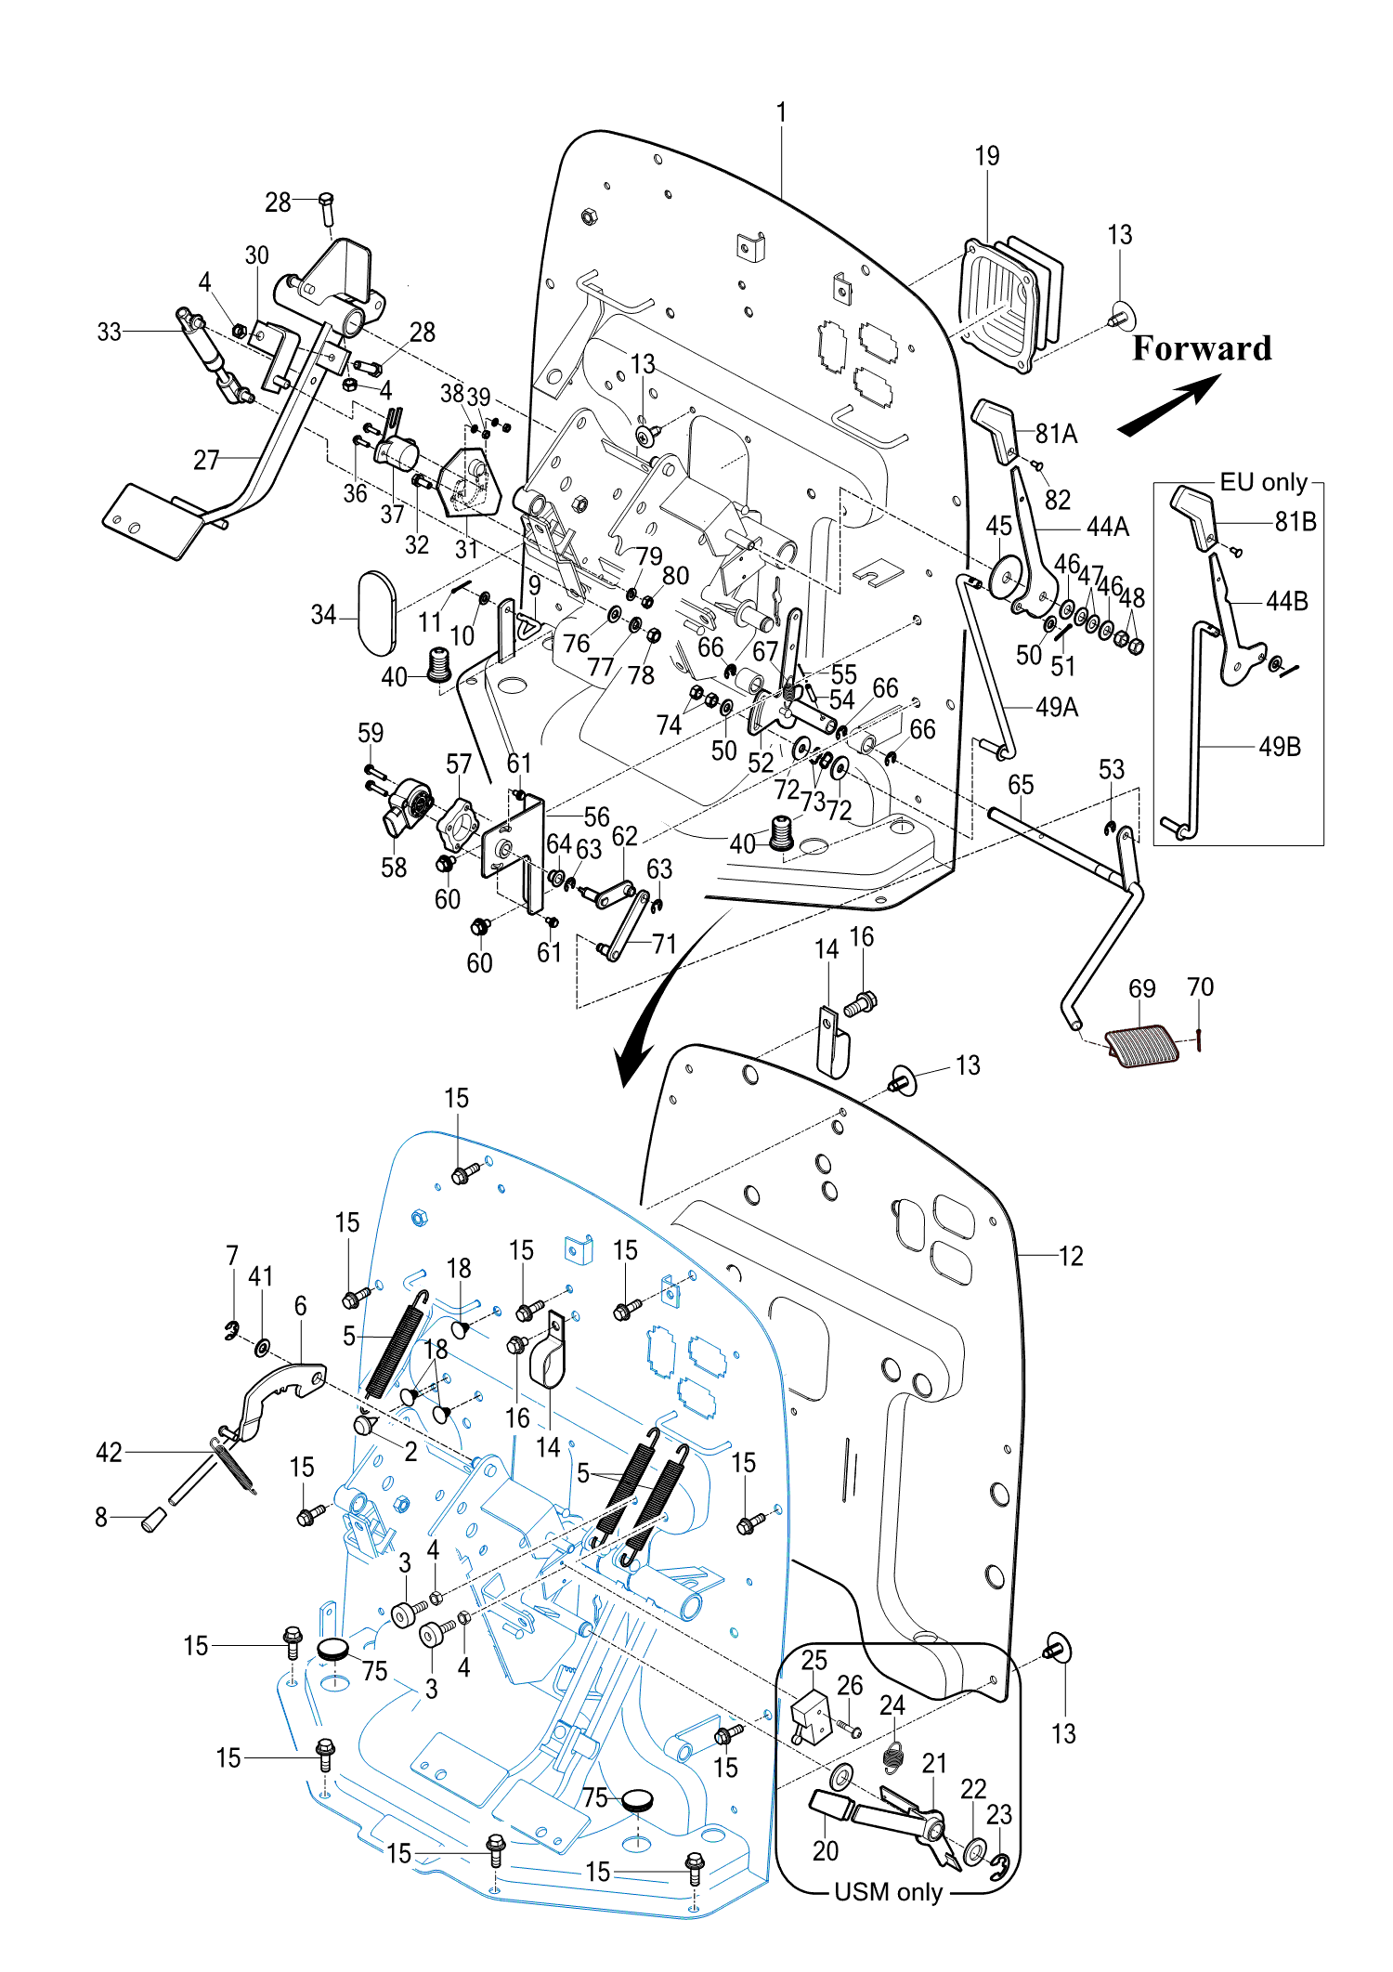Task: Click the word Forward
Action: [1202, 348]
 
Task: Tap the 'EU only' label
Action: [1263, 482]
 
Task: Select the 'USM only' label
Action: [888, 1892]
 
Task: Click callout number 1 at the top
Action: [782, 112]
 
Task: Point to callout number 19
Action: [987, 156]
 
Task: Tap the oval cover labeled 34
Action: [377, 613]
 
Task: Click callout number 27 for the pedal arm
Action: [206, 460]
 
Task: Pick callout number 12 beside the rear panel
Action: [1071, 1256]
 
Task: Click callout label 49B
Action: [1279, 747]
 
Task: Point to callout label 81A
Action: [1056, 434]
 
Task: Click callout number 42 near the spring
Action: [109, 1452]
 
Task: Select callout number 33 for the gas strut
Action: [109, 332]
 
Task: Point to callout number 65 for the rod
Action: [1021, 785]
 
